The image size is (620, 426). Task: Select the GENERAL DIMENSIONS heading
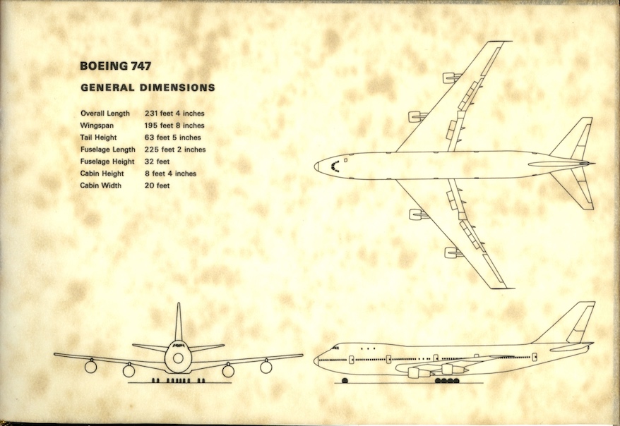(x=148, y=88)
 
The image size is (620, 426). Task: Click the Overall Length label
(x=105, y=113)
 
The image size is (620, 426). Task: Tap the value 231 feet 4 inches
(x=174, y=113)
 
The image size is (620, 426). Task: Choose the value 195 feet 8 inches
(x=174, y=125)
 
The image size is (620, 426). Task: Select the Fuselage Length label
(x=108, y=150)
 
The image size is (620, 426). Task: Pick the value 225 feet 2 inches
(x=175, y=150)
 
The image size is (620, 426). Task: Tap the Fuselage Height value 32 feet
(x=157, y=162)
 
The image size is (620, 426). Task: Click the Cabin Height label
(x=102, y=174)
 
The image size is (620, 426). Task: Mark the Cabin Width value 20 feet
(x=157, y=185)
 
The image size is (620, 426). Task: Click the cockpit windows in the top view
(x=333, y=166)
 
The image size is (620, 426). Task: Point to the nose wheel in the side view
(x=345, y=381)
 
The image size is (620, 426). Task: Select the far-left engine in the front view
(x=90, y=366)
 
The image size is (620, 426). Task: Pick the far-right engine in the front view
(x=266, y=366)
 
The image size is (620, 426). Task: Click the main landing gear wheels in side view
(x=447, y=381)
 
